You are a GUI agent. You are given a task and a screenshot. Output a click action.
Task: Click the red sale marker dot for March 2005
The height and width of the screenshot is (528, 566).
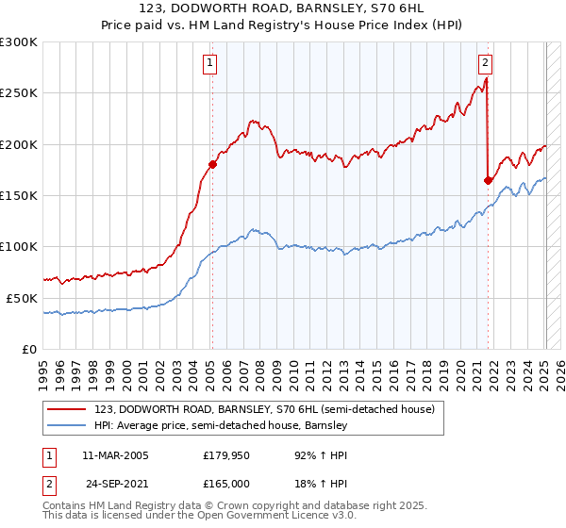coord(212,164)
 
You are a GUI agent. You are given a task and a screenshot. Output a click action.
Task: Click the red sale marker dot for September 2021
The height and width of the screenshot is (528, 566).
coord(488,180)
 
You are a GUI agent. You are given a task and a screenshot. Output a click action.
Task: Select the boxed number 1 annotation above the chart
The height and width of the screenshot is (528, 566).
coord(208,64)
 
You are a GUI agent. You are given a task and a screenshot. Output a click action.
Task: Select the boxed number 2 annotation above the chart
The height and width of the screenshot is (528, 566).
coord(485,64)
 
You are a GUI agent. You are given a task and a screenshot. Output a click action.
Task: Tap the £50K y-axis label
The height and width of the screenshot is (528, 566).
coord(22,298)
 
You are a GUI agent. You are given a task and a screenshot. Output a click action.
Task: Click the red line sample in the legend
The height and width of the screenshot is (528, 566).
coord(66,410)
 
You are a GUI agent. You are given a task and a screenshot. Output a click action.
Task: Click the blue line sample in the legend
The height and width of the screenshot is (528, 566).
coord(66,426)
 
